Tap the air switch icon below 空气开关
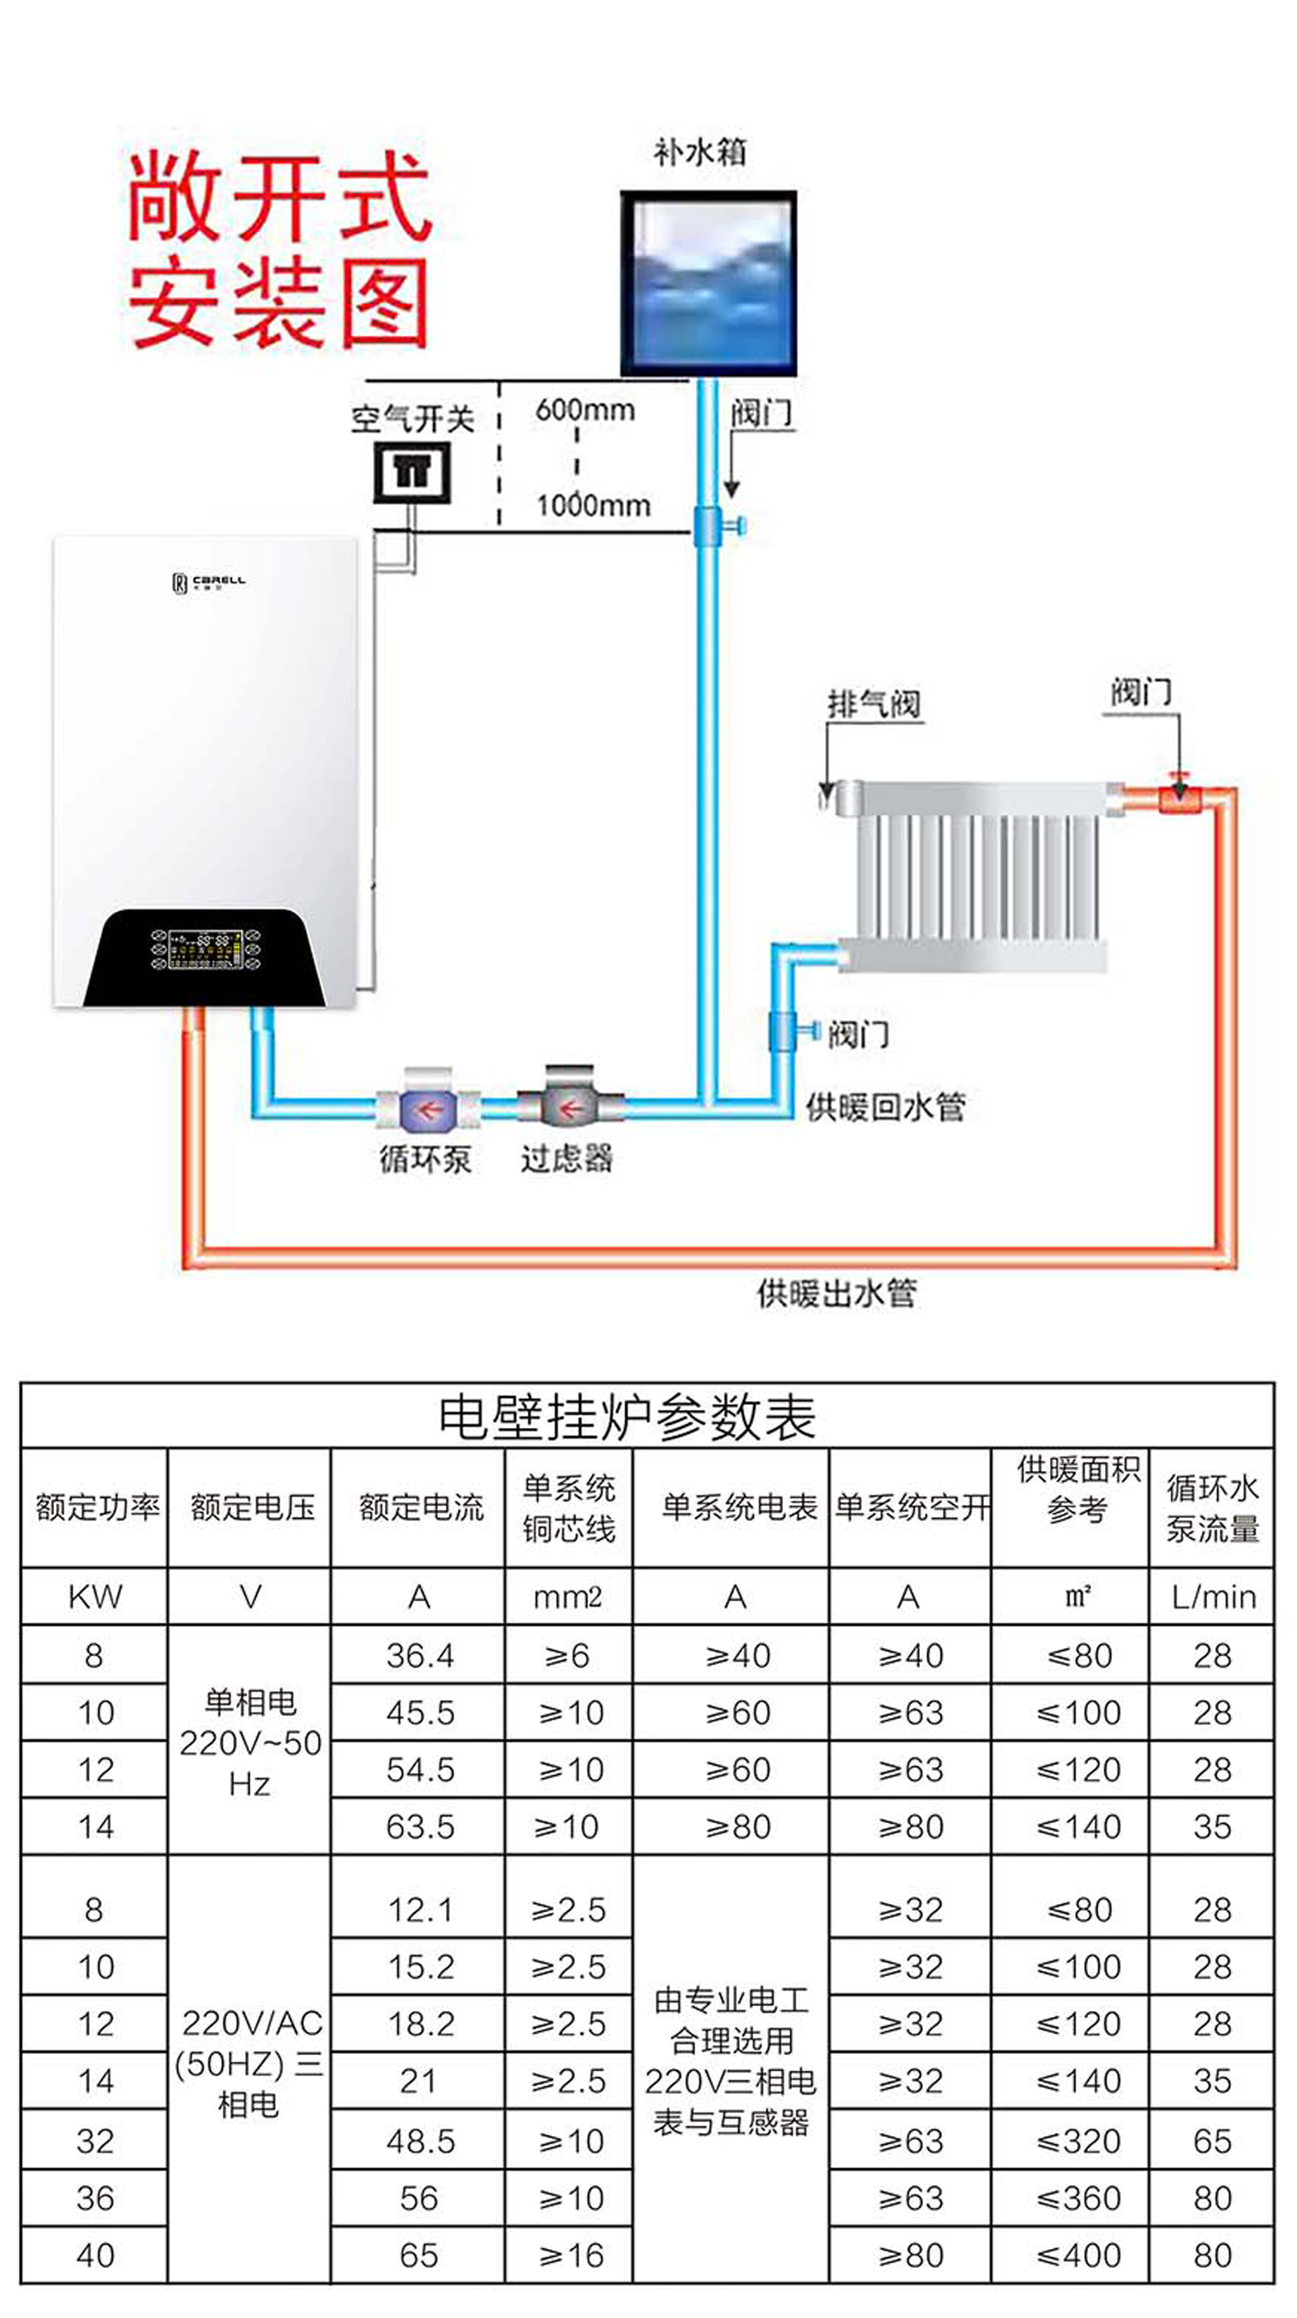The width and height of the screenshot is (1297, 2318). pos(412,472)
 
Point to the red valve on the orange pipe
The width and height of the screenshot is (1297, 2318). pos(1178,795)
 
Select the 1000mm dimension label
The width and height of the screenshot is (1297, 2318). pos(593,505)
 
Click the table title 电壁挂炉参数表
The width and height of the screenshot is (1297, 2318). pos(627,1417)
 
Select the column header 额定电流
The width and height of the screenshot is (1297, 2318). pos(421,1507)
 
